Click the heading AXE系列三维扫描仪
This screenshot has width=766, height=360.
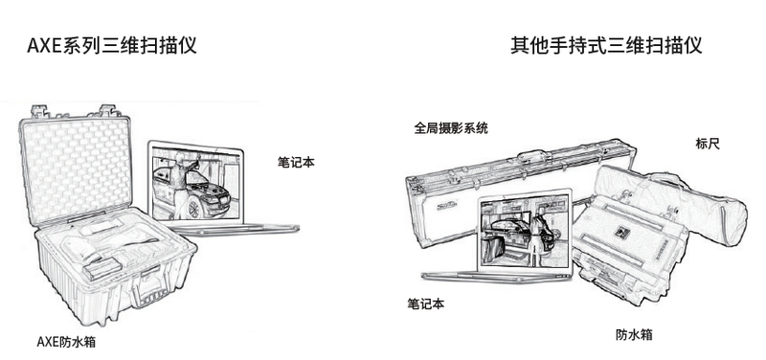112,44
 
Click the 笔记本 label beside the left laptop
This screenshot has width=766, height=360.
296,163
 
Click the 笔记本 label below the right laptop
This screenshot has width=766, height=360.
426,303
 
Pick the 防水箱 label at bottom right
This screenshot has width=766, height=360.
634,334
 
